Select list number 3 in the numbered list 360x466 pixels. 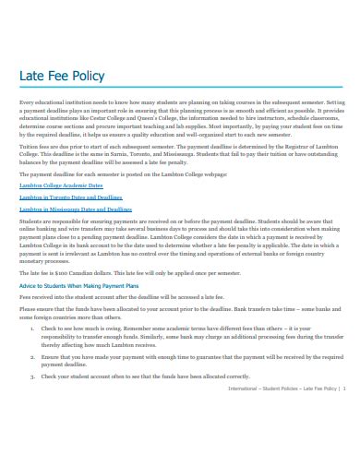click(x=32, y=376)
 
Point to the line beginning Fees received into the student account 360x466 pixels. click(x=120, y=297)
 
